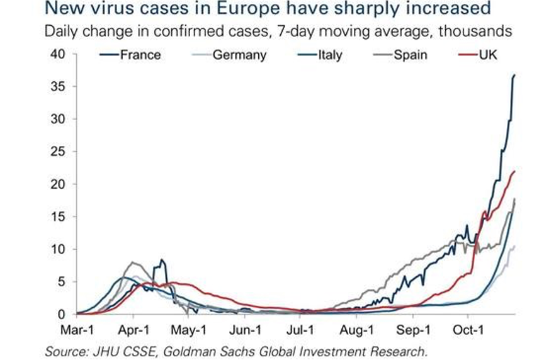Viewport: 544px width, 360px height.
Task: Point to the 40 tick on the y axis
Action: coord(57,54)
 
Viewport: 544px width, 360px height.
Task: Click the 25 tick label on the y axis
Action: coord(57,152)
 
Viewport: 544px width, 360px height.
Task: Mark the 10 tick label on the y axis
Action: coord(57,249)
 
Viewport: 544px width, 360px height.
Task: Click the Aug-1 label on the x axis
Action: coord(356,329)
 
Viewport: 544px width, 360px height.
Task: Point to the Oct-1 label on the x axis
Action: coord(468,329)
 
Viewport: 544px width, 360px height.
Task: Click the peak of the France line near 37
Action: coord(514,76)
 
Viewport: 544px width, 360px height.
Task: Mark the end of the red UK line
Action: coord(514,171)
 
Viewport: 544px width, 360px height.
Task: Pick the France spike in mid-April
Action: coord(162,260)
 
